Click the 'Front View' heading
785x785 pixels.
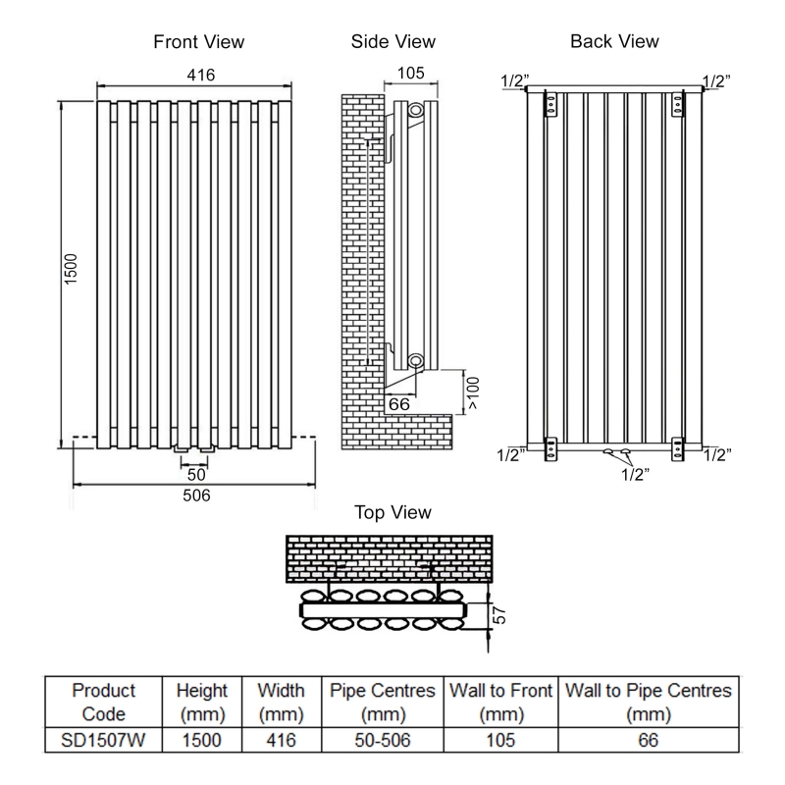pyautogui.click(x=199, y=42)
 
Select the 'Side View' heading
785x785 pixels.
pyautogui.click(x=392, y=42)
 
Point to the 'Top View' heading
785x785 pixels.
pyautogui.click(x=392, y=512)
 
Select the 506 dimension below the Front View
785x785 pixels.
pyautogui.click(x=196, y=496)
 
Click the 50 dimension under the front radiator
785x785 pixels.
pyautogui.click(x=197, y=473)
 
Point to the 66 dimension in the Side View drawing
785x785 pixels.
pyautogui.click(x=399, y=403)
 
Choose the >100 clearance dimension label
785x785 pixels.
pyautogui.click(x=473, y=392)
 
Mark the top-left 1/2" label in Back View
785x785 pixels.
pyautogui.click(x=513, y=80)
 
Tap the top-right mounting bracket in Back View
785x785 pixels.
pyautogui.click(x=679, y=103)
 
